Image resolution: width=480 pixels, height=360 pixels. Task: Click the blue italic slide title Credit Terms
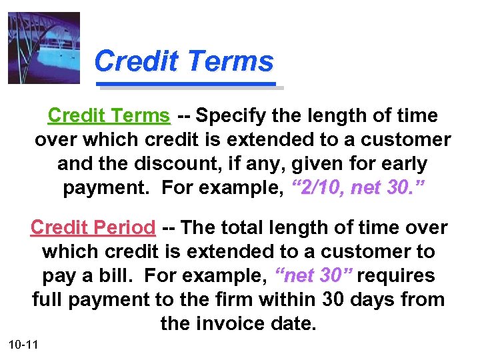pos(184,62)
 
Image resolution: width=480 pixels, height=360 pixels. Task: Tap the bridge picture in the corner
pos(44,48)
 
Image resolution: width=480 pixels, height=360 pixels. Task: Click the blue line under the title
pos(187,85)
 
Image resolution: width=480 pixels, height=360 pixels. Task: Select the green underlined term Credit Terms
pos(109,116)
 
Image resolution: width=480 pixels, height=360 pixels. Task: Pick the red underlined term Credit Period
pos(93,228)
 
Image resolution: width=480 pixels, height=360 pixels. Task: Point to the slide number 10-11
pos(23,345)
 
